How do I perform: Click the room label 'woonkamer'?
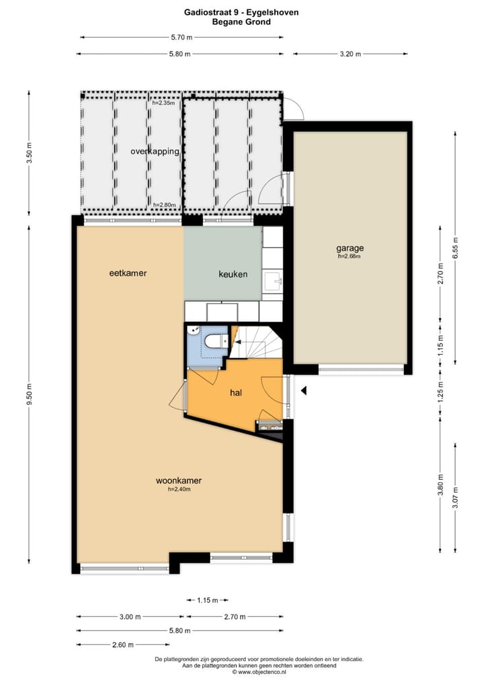179,480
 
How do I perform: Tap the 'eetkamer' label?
128,273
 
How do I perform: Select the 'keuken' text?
233,274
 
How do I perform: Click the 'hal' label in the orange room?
236,392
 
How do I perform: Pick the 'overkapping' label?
155,152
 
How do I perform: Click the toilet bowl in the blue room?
216,341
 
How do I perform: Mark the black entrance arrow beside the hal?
304,390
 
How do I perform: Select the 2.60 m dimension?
124,644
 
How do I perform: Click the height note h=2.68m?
350,256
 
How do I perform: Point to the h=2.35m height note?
163,103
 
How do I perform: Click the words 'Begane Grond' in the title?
241,22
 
